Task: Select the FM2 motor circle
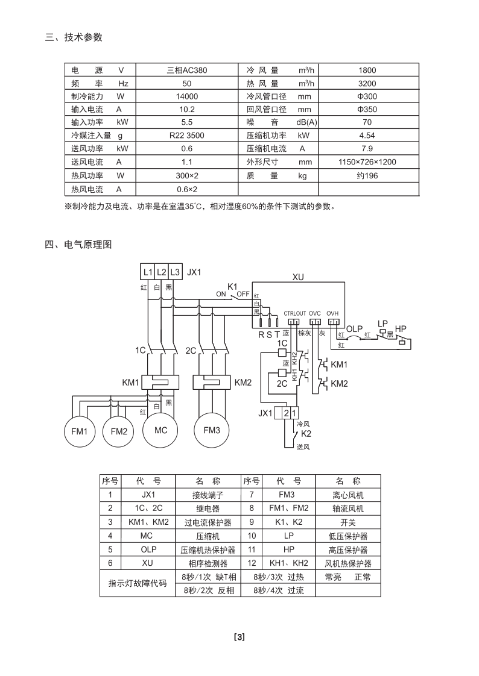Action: pyautogui.click(x=119, y=431)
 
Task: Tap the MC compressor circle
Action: pyautogui.click(x=160, y=430)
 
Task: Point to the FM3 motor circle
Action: pyautogui.click(x=212, y=430)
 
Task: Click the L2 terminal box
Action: pyautogui.click(x=161, y=272)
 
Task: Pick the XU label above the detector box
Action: pyautogui.click(x=298, y=277)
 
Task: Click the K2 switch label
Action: pyautogui.click(x=306, y=434)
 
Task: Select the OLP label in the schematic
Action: pyautogui.click(x=354, y=329)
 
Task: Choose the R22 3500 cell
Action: pyautogui.click(x=187, y=136)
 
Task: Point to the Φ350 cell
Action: pyautogui.click(x=367, y=110)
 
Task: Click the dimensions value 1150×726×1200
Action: pyautogui.click(x=367, y=162)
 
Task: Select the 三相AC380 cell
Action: pyautogui.click(x=187, y=70)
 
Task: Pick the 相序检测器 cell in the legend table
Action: pyautogui.click(x=208, y=563)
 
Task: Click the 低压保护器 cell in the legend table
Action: pyautogui.click(x=348, y=536)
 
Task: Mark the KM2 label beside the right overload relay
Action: pyautogui.click(x=243, y=383)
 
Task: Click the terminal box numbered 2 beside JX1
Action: pyautogui.click(x=285, y=413)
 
